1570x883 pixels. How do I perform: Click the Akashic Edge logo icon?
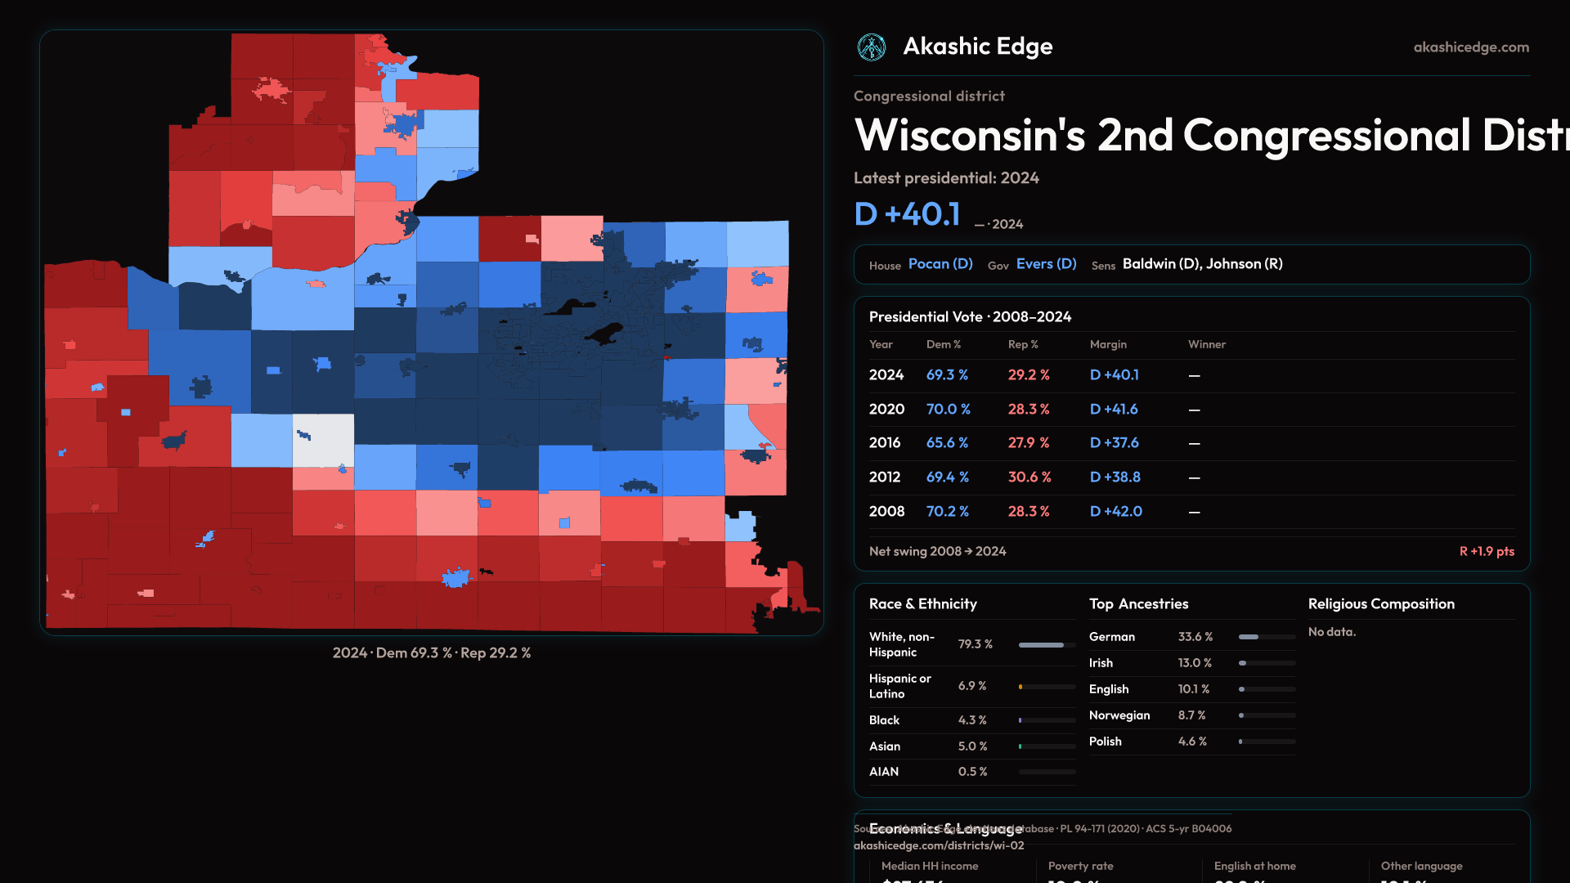872,47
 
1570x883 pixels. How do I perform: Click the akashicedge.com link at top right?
1471,47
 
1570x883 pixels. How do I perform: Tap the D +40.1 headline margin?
907,214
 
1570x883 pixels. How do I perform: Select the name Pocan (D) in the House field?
940,264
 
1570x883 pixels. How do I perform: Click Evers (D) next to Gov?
1046,264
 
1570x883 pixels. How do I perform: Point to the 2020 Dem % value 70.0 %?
948,409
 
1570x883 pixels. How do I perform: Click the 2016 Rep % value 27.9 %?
1029,443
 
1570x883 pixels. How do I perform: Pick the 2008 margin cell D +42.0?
1115,512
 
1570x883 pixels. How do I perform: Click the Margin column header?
1108,344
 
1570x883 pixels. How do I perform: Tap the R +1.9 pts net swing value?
1486,552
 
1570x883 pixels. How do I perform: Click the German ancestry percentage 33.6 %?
1195,637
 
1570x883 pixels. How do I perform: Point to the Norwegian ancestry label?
1119,715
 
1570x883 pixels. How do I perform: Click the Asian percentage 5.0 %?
972,746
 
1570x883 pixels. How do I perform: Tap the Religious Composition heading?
1381,604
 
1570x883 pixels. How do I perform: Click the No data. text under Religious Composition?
1331,632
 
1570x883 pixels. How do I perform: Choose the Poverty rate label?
1080,866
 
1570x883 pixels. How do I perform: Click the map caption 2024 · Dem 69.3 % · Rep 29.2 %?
432,653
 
